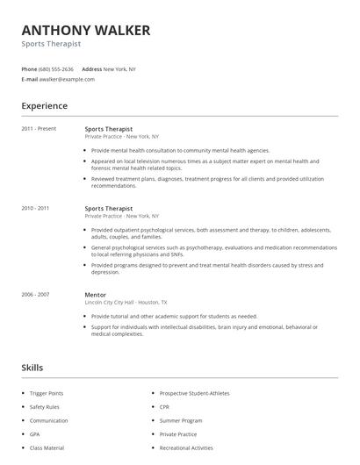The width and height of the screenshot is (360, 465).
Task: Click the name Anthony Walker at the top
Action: (86, 31)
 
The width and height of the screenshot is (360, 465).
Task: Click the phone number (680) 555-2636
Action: (57, 68)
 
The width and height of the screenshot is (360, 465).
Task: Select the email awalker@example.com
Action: (68, 79)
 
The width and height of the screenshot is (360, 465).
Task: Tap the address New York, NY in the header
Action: (119, 68)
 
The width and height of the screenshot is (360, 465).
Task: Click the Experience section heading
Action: (45, 106)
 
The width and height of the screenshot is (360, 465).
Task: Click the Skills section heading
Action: (32, 368)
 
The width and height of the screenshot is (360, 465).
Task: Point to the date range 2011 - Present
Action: (39, 128)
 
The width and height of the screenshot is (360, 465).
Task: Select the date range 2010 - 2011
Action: (36, 208)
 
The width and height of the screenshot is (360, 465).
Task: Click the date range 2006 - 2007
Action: (36, 295)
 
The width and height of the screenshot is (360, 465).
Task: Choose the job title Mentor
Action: (95, 295)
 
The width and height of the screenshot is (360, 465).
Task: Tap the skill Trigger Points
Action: (47, 393)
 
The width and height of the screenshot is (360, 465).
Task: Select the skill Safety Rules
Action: (44, 407)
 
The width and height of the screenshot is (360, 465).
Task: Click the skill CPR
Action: (165, 407)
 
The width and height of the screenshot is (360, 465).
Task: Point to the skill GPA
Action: (34, 433)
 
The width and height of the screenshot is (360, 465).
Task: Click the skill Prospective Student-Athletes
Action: (194, 393)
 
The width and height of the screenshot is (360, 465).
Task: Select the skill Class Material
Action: (47, 447)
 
